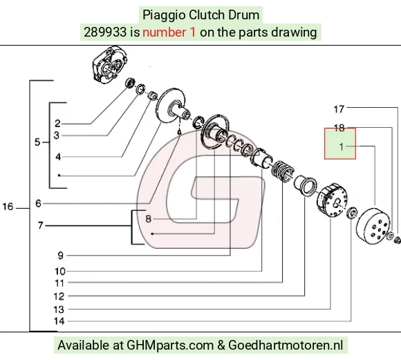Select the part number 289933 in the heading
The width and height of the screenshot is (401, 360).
coord(105,32)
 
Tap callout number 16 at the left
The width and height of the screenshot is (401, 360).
coord(8,207)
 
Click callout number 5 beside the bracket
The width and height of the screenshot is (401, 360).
coord(37,142)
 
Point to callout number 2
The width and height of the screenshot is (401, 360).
coord(57,124)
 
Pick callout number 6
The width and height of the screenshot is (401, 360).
coord(38,204)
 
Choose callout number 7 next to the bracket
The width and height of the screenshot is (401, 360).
coord(40,225)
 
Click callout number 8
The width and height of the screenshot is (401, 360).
coord(149,219)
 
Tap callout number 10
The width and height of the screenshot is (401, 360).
coord(60,272)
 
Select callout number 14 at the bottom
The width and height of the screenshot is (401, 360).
coord(59,321)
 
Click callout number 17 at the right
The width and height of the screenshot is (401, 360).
coord(339,109)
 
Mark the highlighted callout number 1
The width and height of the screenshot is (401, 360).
coord(341,146)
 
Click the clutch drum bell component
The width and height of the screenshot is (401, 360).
coord(373,225)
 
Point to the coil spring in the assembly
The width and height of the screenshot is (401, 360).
coord(283,171)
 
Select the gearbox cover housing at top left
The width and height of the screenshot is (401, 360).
coord(109,64)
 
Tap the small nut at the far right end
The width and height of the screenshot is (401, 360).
coord(398,240)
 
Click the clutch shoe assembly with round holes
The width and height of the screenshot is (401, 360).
coord(332,200)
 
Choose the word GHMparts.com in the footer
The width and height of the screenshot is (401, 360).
coord(170,345)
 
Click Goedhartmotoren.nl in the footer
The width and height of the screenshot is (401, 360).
coord(286,345)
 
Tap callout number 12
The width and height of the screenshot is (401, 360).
coord(59,296)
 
